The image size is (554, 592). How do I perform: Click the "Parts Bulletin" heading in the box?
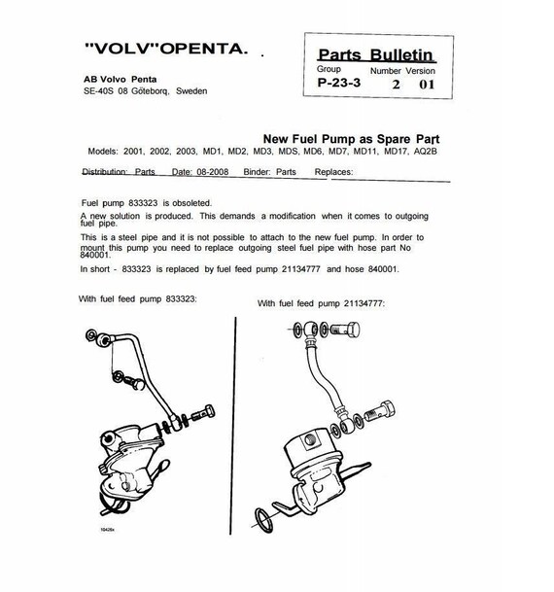376,55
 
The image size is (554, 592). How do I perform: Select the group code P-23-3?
339,83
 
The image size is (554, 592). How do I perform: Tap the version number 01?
427,85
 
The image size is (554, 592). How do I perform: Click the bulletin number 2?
396,85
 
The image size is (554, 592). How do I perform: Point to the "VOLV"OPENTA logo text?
166,49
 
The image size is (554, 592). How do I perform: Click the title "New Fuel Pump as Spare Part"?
351,139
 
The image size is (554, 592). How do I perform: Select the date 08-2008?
213,172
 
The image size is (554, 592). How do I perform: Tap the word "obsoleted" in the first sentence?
190,203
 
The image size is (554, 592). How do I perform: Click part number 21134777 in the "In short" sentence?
300,269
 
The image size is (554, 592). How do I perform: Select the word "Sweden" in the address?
191,91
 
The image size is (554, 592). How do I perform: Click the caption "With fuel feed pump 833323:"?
138,299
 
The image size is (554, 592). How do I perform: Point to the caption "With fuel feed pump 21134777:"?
321,303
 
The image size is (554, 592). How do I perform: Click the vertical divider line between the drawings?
233,426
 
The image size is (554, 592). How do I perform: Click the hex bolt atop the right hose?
345,330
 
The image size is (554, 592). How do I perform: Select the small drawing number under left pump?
107,530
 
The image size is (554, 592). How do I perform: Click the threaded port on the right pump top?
309,439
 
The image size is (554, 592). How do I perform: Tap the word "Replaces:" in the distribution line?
333,172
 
